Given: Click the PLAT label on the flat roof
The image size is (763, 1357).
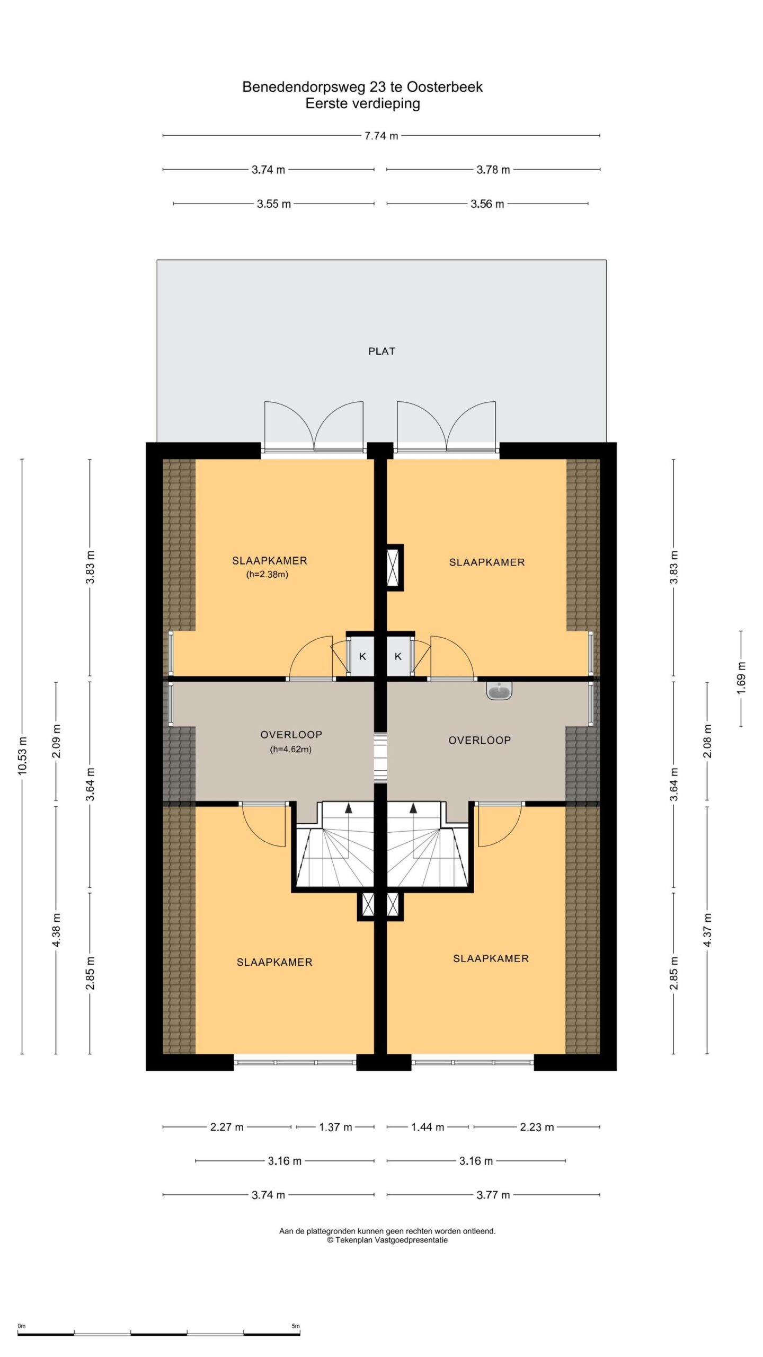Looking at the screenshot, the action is tap(381, 351).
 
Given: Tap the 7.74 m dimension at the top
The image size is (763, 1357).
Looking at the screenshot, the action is tap(381, 136).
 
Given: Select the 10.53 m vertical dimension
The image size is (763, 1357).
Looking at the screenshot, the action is tap(22, 756).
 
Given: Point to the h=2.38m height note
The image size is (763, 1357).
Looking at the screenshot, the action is tap(267, 574).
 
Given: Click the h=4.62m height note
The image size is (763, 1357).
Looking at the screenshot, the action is tap(290, 749).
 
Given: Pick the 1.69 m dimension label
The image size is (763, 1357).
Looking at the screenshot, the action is tap(741, 678).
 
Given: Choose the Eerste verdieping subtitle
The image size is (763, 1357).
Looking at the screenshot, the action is tap(362, 103).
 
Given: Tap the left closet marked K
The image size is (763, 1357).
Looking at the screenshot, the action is tap(362, 656).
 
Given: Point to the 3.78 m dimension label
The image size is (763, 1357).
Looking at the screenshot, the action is tap(493, 170).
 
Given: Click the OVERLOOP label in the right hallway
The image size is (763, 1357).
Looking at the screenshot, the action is tap(480, 740).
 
